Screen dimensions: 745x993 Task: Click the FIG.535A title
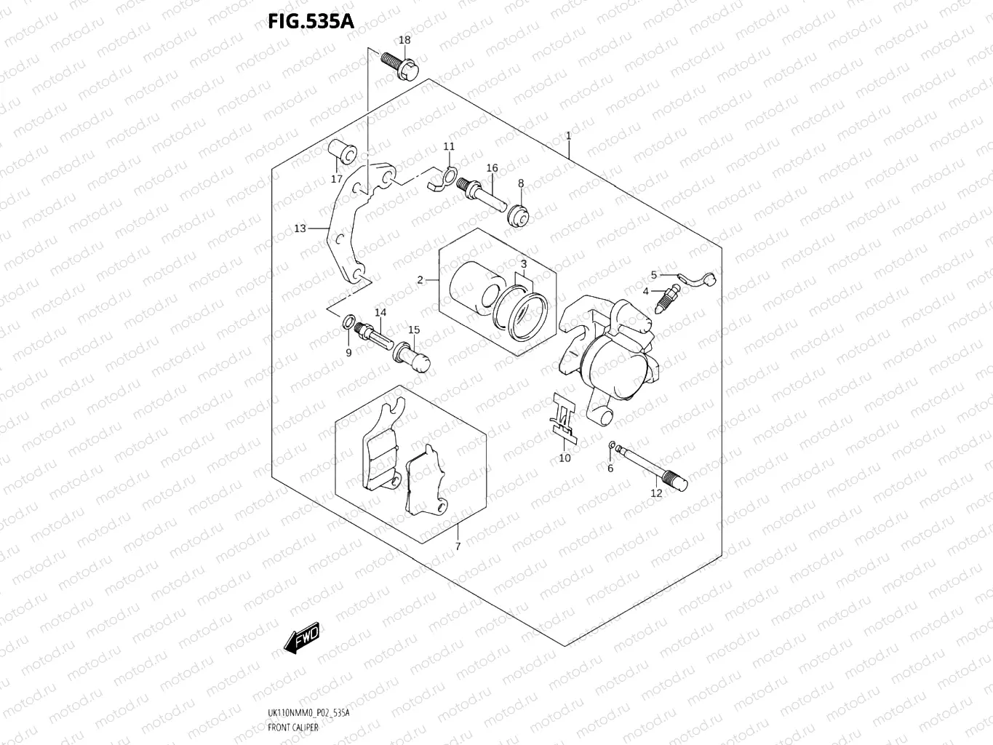coord(311,20)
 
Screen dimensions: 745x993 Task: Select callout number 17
coord(337,179)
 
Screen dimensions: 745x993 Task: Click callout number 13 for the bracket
coord(300,228)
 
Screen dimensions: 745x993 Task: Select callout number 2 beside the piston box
coord(420,280)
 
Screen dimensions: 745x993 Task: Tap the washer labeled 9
coord(348,322)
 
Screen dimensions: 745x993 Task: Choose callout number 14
coord(380,313)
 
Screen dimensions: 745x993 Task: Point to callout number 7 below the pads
coord(458,546)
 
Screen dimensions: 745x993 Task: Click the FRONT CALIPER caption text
coord(293,728)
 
